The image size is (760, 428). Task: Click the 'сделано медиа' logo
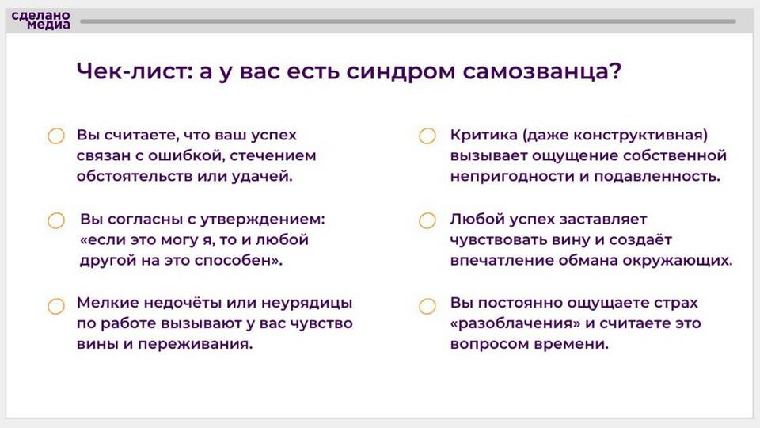click(x=40, y=20)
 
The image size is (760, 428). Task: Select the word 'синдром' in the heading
click(x=401, y=72)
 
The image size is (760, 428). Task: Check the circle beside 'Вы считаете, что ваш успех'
click(x=56, y=136)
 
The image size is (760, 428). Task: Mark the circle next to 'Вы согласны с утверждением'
click(x=56, y=220)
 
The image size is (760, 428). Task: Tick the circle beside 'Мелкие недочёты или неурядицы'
click(x=56, y=306)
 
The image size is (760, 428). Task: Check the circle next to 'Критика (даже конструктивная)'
click(x=427, y=136)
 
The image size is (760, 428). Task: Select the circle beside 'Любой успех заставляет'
click(x=427, y=220)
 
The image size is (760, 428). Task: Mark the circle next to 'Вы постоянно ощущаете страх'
click(x=427, y=306)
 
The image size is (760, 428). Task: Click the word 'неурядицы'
click(x=307, y=304)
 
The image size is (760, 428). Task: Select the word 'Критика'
click(x=484, y=135)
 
